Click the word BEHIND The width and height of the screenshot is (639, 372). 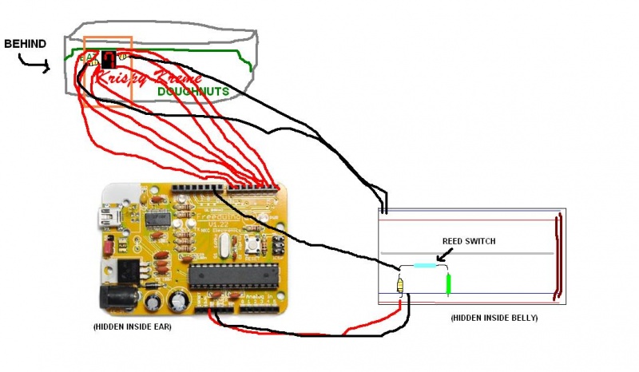click(x=25, y=42)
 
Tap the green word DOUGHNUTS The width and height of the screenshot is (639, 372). click(x=192, y=92)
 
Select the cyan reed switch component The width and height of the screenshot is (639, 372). click(x=424, y=265)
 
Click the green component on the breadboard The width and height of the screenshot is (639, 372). click(x=448, y=283)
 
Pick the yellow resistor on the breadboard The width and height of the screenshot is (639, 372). click(x=400, y=285)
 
